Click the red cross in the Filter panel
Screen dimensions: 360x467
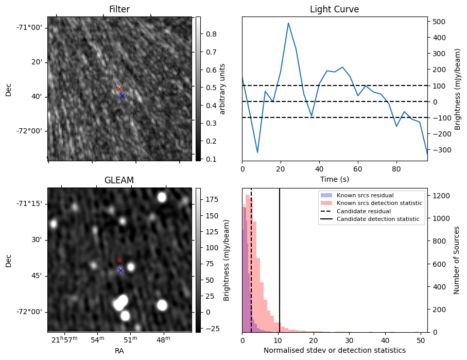click(119, 89)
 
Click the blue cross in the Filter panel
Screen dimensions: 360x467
click(122, 96)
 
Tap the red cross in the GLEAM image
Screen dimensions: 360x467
click(119, 261)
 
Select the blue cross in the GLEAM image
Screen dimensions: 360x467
click(120, 270)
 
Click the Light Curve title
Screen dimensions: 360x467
click(334, 9)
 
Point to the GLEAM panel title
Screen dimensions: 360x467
click(119, 180)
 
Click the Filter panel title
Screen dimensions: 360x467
click(119, 9)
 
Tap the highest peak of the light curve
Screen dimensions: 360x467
click(288, 23)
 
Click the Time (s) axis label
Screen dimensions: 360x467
click(334, 178)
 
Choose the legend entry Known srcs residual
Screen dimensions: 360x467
click(365, 195)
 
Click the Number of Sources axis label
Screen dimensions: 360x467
click(457, 260)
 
